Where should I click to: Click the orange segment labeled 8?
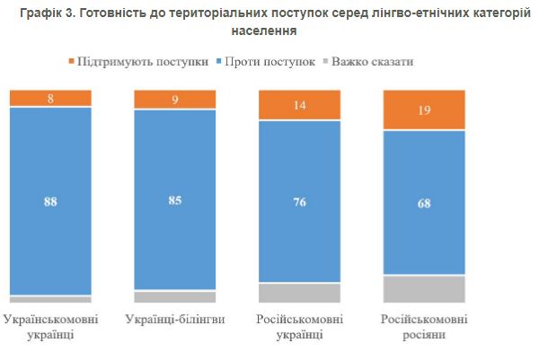pyautogui.click(x=50, y=98)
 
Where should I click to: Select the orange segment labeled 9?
pyautogui.click(x=174, y=99)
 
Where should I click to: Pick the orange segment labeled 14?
pyautogui.click(x=299, y=104)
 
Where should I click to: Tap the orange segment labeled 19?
pyautogui.click(x=424, y=110)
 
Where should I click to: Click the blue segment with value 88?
pyautogui.click(x=50, y=201)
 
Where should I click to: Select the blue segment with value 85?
pyautogui.click(x=174, y=200)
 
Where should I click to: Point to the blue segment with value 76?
pyautogui.click(x=299, y=201)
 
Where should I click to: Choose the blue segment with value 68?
pyautogui.click(x=424, y=203)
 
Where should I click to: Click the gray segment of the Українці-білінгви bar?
pyautogui.click(x=174, y=297)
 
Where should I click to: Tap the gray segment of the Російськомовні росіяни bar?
pyautogui.click(x=424, y=289)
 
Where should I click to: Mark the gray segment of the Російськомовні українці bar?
pyautogui.click(x=299, y=293)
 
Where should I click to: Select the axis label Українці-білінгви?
pyautogui.click(x=174, y=320)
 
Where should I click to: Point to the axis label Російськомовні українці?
pyautogui.click(x=299, y=327)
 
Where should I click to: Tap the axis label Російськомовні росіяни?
pyautogui.click(x=424, y=327)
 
